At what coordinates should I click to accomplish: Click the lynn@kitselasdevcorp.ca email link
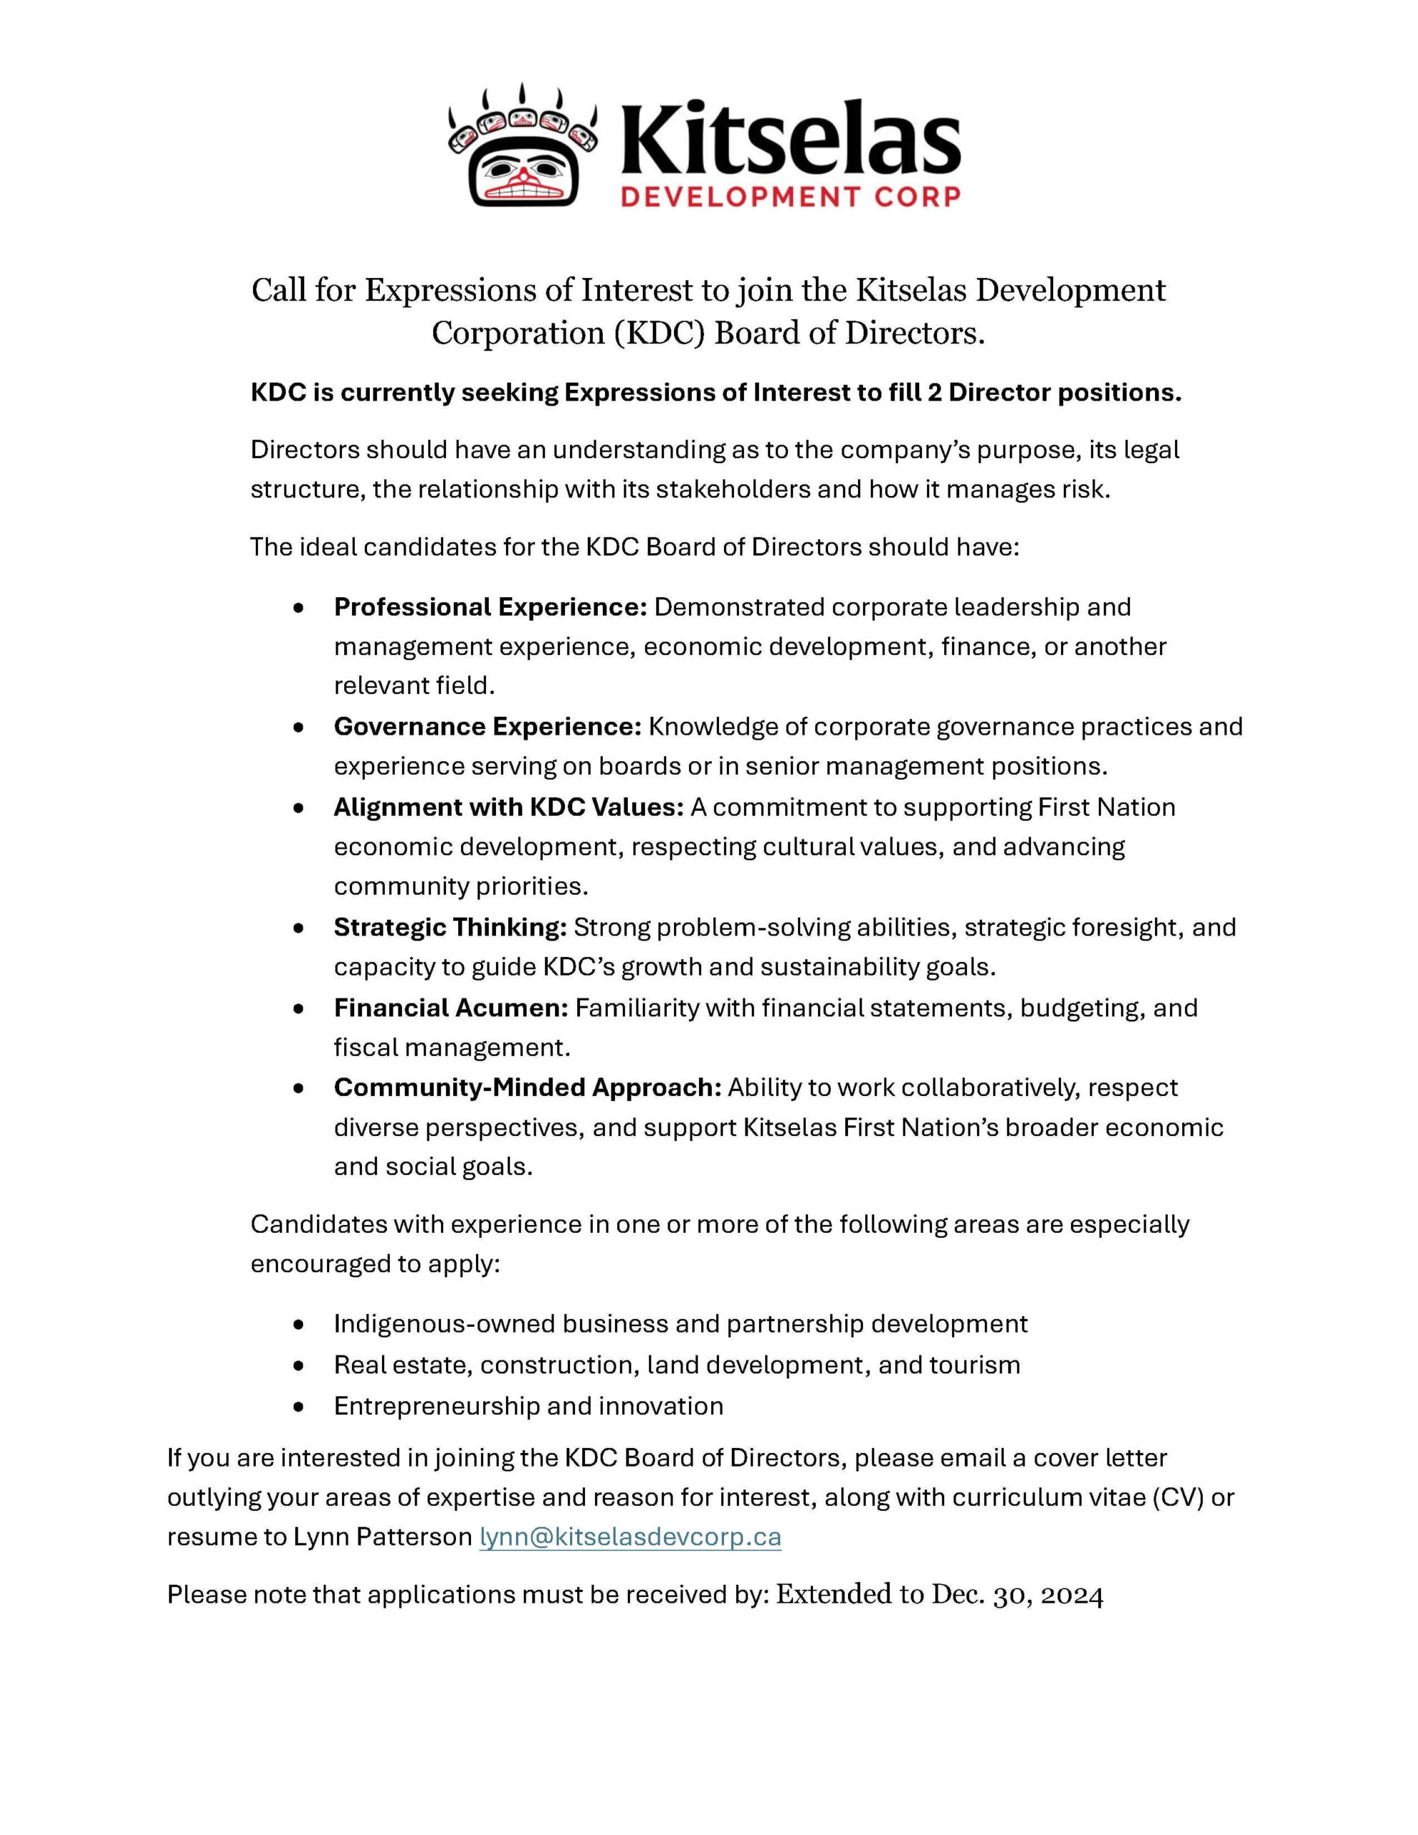click(x=629, y=1537)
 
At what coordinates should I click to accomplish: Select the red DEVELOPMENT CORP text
click(x=789, y=197)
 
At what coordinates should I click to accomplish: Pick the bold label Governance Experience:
click(x=487, y=726)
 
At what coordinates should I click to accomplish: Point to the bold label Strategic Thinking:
click(x=450, y=927)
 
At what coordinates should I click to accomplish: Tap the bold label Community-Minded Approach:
click(x=527, y=1087)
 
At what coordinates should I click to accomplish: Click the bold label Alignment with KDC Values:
click(x=508, y=806)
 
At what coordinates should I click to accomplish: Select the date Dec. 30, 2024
click(x=1017, y=1595)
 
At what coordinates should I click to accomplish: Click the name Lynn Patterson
click(x=382, y=1537)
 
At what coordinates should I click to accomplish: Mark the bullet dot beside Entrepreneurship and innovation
click(x=298, y=1406)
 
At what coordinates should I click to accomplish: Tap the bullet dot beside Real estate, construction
click(x=298, y=1365)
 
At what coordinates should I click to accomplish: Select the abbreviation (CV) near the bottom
click(x=1171, y=1497)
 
